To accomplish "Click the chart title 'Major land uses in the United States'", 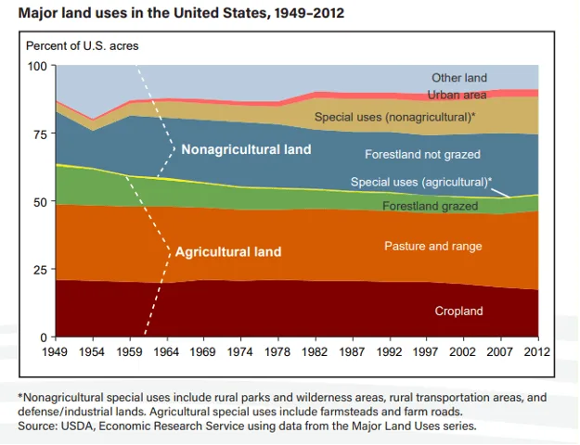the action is click(x=142, y=13).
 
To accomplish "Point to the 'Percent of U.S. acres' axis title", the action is click(x=82, y=45).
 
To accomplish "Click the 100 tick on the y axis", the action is click(x=37, y=66).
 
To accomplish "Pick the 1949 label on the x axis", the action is click(x=55, y=351).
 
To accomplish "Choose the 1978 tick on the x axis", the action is click(x=277, y=351).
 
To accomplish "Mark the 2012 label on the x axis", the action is click(x=537, y=351).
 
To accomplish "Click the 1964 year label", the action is click(x=166, y=351).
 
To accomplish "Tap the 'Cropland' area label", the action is click(x=458, y=311).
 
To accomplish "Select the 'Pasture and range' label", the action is click(x=433, y=247).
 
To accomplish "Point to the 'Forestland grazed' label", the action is click(x=431, y=206).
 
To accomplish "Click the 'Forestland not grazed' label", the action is click(x=422, y=154).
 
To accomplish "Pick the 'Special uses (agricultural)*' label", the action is click(x=421, y=182).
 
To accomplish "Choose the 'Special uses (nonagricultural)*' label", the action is click(x=394, y=117).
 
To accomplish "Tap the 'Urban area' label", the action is click(x=457, y=95).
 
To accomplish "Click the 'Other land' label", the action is click(x=459, y=78).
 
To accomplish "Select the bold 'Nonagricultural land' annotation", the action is click(x=246, y=149).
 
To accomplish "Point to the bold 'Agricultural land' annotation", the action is click(x=228, y=251).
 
